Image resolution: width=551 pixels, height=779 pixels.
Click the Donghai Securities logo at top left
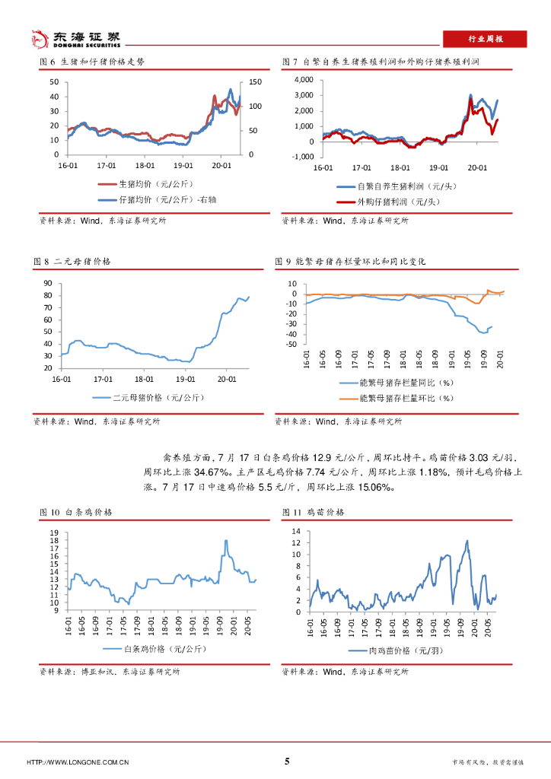(x=74, y=37)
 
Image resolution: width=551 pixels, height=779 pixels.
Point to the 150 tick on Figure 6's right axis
(x=255, y=81)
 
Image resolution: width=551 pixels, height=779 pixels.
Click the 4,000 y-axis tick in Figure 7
(x=303, y=79)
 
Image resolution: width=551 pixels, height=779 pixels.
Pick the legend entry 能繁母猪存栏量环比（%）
(x=406, y=398)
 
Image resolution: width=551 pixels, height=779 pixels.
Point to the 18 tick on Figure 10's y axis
(x=53, y=540)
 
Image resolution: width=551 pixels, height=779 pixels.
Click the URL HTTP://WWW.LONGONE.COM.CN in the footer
(x=78, y=762)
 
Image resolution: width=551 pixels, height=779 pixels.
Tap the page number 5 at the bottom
(x=286, y=762)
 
